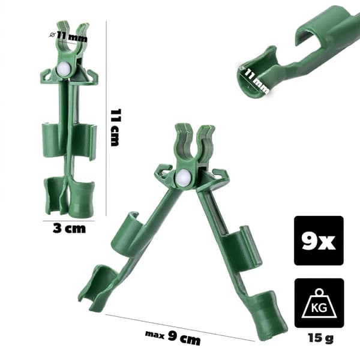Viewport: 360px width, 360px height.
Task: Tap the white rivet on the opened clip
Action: tap(183, 177)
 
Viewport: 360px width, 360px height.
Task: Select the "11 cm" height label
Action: tap(115, 128)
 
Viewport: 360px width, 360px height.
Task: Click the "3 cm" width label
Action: tap(69, 229)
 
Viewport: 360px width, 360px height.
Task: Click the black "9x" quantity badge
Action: tap(319, 241)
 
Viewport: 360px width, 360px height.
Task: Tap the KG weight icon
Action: tap(319, 303)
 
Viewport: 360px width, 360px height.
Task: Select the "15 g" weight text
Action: tap(320, 338)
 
